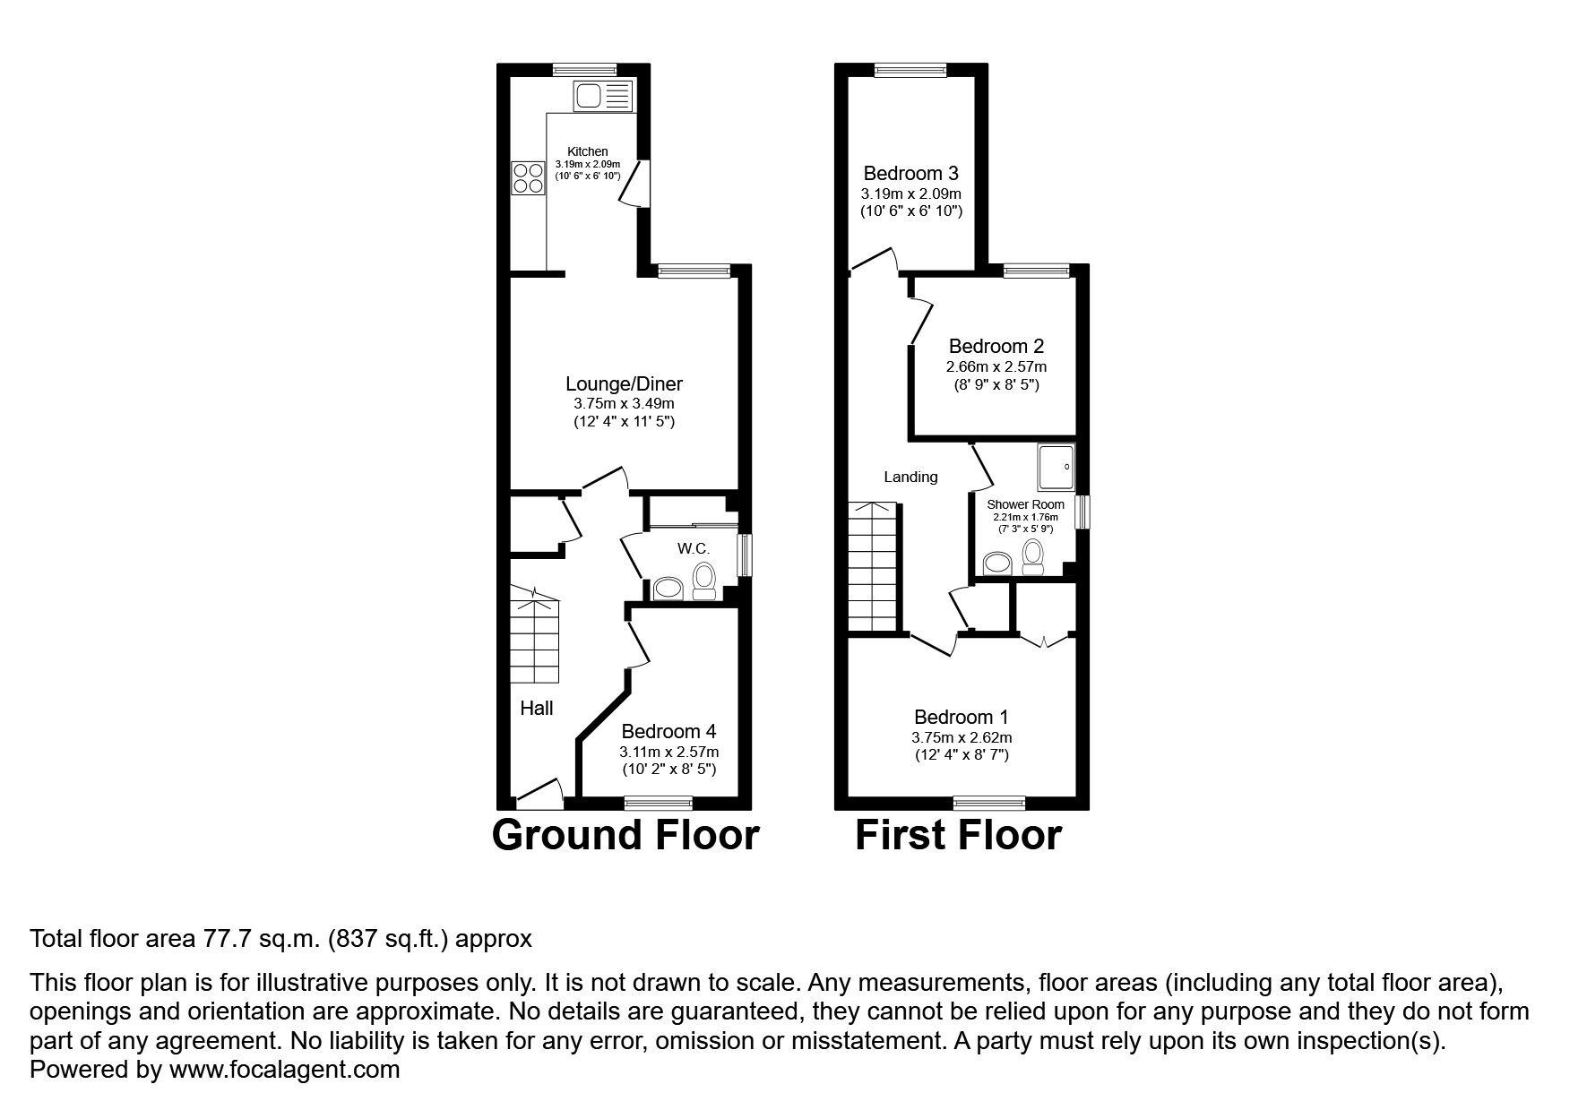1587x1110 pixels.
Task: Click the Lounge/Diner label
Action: pos(624,384)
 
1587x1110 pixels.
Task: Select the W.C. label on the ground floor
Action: pos(693,548)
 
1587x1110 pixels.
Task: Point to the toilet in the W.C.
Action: pos(703,580)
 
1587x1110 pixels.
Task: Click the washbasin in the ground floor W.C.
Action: pos(668,589)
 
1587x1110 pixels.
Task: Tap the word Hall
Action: pos(537,709)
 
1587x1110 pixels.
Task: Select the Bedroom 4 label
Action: pos(668,732)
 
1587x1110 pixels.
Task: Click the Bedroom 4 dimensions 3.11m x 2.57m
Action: pos(668,752)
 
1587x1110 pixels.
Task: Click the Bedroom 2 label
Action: pos(996,346)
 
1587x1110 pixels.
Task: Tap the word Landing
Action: pos(910,477)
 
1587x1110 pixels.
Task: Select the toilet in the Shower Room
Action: pos(1034,556)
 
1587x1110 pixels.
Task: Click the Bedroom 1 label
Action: pos(962,717)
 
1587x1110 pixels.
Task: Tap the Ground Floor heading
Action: pos(625,835)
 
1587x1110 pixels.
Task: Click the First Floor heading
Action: pos(958,835)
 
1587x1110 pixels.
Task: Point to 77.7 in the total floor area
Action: pos(221,939)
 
